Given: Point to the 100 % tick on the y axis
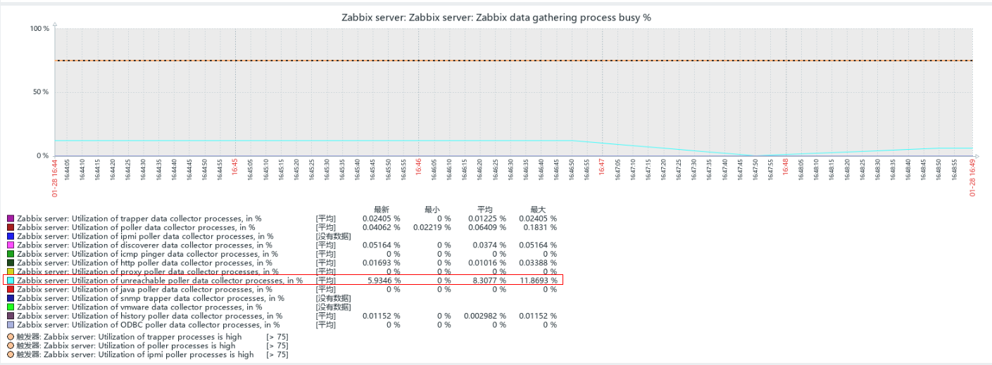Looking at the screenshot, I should coord(39,28).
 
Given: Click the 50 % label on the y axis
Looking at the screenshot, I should coord(39,92).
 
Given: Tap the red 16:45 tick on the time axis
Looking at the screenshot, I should coord(235,168).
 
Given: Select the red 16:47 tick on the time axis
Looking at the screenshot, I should coord(602,168).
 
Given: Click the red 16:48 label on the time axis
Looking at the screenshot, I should coord(786,168).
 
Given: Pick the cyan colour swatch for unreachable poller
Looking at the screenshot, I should coord(11,281).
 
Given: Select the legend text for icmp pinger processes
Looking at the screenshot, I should coord(147,254).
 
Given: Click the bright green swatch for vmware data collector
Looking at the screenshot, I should coord(11,307).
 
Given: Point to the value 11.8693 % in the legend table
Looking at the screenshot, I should coord(539,281).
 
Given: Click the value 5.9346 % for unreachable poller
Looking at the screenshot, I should coord(384,281).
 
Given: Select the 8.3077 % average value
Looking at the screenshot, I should coord(488,281).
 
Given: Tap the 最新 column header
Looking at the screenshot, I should coord(382,210).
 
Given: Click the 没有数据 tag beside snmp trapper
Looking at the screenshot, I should coord(333,298).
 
